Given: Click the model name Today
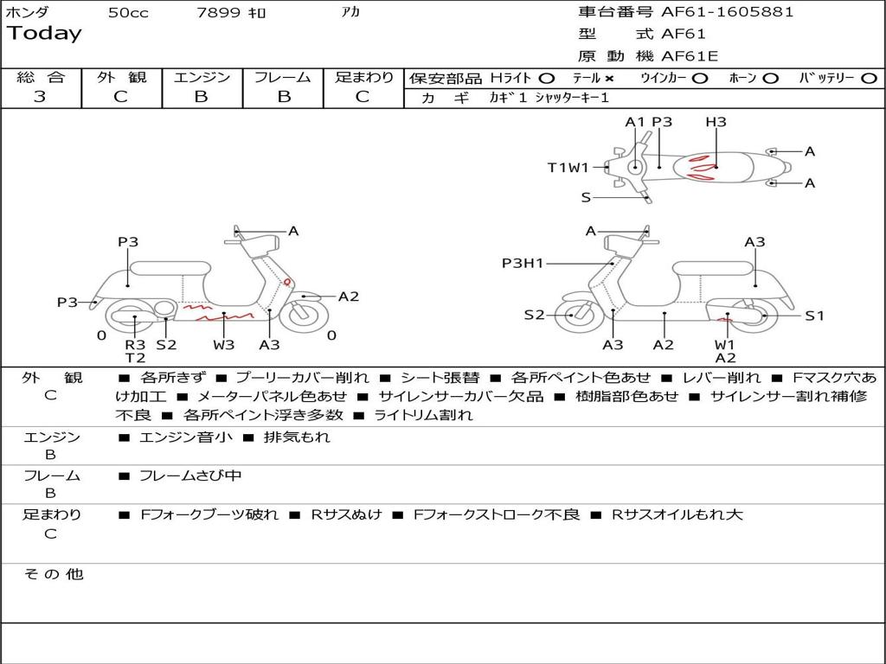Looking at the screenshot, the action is point(44,34).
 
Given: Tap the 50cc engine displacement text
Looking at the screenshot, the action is point(128,13).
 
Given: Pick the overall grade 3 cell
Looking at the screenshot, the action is point(40,97).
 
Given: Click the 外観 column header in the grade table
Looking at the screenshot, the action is point(121,78).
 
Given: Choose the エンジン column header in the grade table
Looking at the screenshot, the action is point(202,78).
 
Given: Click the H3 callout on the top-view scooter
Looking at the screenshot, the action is point(716,122).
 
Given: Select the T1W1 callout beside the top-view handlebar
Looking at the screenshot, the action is point(568,168).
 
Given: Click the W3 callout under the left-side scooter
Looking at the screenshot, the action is point(224,345).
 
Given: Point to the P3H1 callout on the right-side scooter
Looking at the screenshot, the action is point(523,263).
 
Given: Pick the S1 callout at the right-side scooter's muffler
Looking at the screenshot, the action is point(814,316).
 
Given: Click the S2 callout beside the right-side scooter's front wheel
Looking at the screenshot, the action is point(535,315).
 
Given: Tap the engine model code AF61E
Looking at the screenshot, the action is point(690,56).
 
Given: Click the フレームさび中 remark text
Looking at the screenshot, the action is point(190,476).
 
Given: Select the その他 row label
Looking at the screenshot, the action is point(53,574).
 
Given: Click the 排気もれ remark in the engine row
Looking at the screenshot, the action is point(297,437).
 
